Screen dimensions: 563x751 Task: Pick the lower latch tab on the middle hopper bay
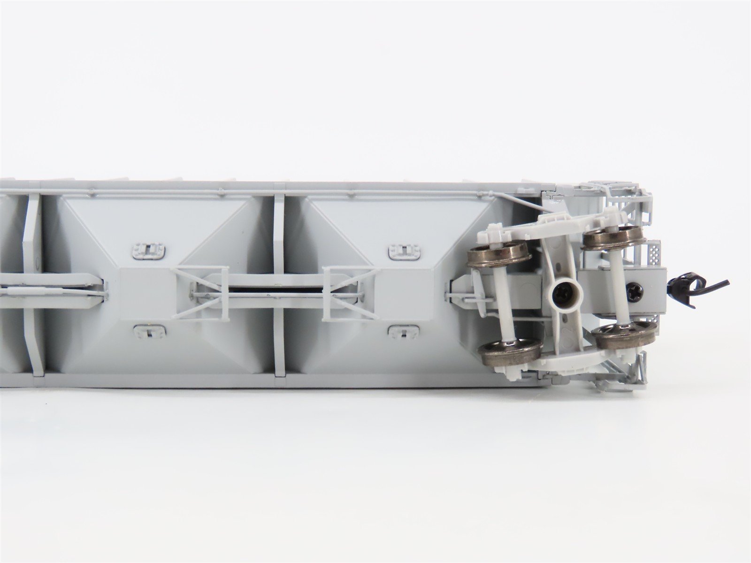(x=147, y=333)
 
